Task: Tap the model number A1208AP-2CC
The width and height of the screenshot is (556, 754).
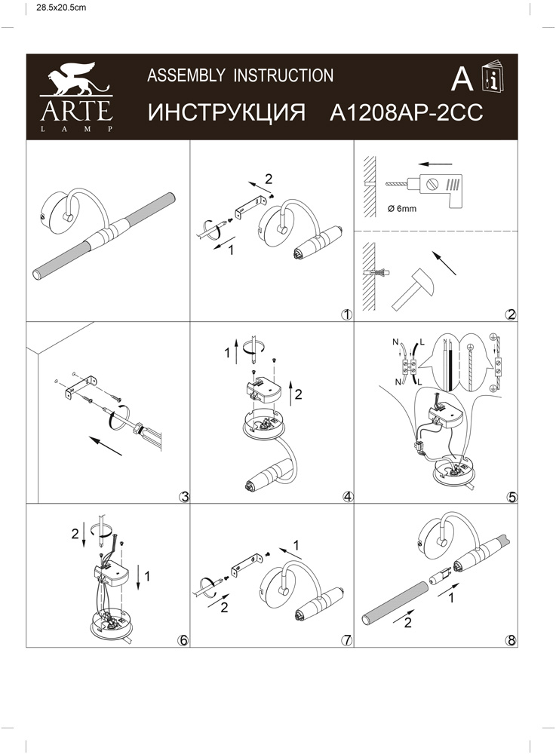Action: (x=407, y=114)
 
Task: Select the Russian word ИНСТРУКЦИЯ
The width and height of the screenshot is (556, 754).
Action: (x=226, y=114)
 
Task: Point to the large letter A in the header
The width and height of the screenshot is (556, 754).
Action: (x=462, y=78)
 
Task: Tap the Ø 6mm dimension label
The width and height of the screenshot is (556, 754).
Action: (x=402, y=209)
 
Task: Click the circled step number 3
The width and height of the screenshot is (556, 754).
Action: (x=183, y=497)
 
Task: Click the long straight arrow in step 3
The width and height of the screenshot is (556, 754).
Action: (x=106, y=446)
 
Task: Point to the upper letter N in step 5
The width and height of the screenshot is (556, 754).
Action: (x=395, y=342)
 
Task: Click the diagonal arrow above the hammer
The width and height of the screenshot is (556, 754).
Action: (x=445, y=262)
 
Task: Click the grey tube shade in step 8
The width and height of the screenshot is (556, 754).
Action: (x=394, y=603)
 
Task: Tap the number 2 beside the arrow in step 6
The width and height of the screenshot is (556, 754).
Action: (x=75, y=534)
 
